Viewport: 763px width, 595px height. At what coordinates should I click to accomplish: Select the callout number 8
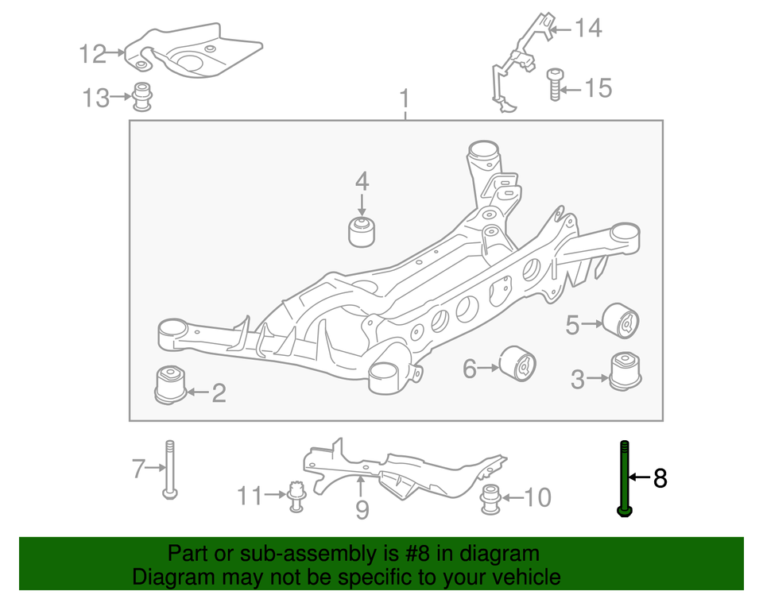pyautogui.click(x=660, y=478)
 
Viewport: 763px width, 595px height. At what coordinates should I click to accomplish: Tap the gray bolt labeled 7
pyautogui.click(x=169, y=469)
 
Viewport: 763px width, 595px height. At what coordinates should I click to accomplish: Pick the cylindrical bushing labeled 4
pyautogui.click(x=362, y=230)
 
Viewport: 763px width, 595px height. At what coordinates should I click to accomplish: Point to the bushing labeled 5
pyautogui.click(x=623, y=322)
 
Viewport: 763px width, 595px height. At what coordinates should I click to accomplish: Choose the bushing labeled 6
pyautogui.click(x=517, y=365)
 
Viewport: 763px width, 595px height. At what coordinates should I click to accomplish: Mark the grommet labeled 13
pyautogui.click(x=143, y=97)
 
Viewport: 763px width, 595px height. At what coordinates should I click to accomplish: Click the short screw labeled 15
pyautogui.click(x=555, y=85)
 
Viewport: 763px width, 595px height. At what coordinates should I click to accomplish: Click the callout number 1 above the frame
pyautogui.click(x=405, y=100)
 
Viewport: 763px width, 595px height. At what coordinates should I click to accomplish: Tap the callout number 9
pyautogui.click(x=362, y=509)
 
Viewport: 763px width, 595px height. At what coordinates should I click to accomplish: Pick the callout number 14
pyautogui.click(x=588, y=29)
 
